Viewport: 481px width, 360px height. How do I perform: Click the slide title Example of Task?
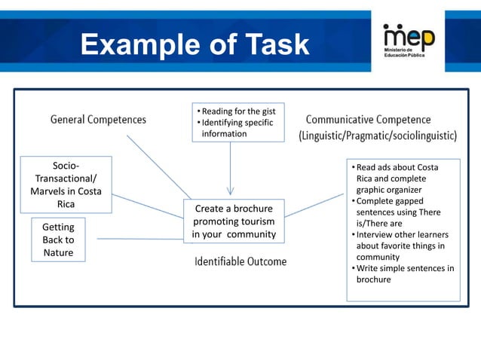pyautogui.click(x=195, y=45)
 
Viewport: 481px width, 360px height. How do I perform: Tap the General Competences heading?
pyautogui.click(x=98, y=119)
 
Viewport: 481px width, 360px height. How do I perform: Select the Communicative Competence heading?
pyautogui.click(x=369, y=119)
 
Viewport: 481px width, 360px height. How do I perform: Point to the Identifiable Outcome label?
pyautogui.click(x=240, y=261)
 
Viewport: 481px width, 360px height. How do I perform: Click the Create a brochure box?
pyautogui.click(x=234, y=221)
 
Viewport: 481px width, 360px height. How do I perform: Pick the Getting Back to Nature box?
pyautogui.click(x=58, y=239)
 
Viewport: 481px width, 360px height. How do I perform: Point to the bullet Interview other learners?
pyautogui.click(x=400, y=246)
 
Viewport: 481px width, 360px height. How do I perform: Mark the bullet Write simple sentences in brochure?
pyautogui.click(x=405, y=274)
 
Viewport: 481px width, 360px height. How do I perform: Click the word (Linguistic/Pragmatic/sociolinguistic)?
pyautogui.click(x=378, y=136)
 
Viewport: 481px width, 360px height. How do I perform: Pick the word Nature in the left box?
pyautogui.click(x=58, y=252)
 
